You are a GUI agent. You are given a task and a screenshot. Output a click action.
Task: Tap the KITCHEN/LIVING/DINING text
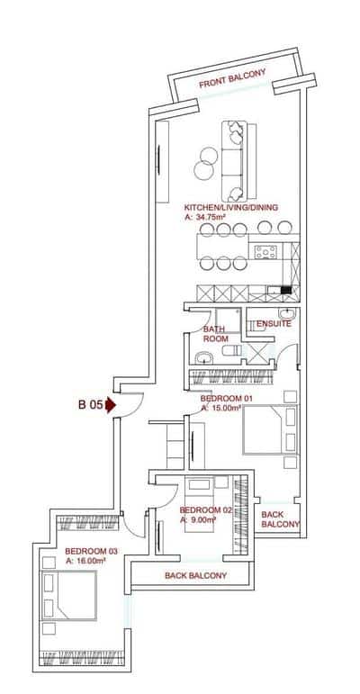pos(231,207)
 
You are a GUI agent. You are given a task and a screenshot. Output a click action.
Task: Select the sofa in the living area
pos(237,160)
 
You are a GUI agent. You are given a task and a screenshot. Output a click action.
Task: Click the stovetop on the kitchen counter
pos(265,253)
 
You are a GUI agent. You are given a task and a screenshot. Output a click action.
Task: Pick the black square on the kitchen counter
pos(284,290)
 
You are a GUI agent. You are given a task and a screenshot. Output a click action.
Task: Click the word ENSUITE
pos(274,323)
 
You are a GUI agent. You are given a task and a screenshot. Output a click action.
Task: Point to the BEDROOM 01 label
pos(225,398)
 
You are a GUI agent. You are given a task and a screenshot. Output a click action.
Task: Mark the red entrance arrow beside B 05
pos(111,405)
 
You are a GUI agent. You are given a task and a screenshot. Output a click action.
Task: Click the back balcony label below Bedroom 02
pos(194,575)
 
